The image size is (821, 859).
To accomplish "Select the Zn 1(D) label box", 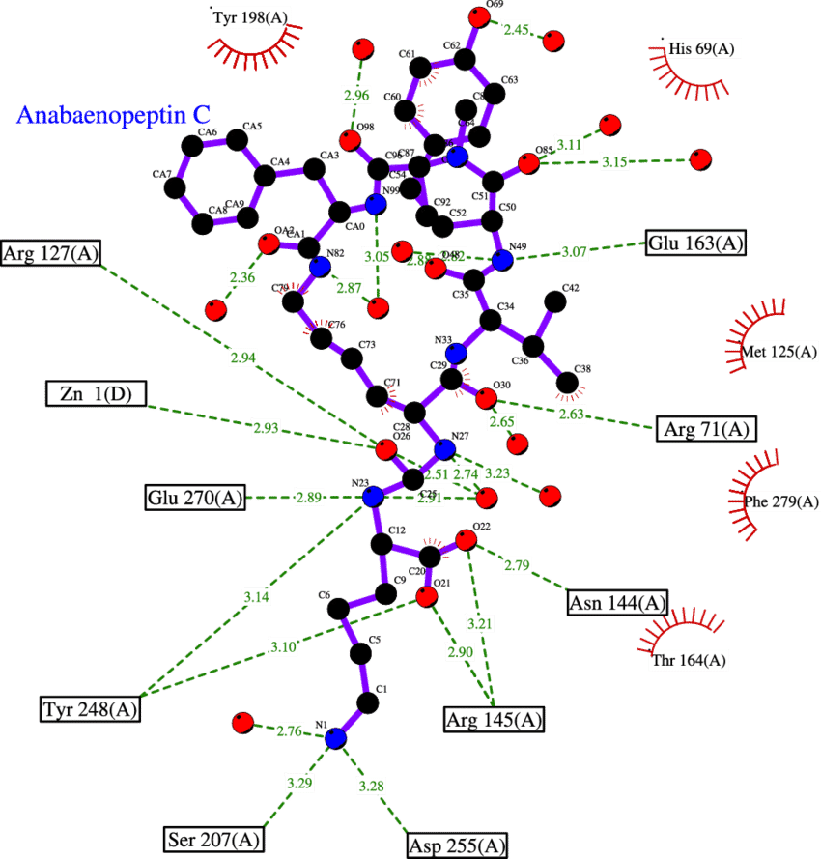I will (96, 394).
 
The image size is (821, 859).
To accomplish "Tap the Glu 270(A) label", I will (194, 498).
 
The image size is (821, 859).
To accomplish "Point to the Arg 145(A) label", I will (494, 720).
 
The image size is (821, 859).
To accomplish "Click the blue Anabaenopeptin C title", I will (113, 115).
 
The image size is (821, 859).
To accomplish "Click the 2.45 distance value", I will (517, 31).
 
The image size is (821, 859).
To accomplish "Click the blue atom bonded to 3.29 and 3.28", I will (335, 738).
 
